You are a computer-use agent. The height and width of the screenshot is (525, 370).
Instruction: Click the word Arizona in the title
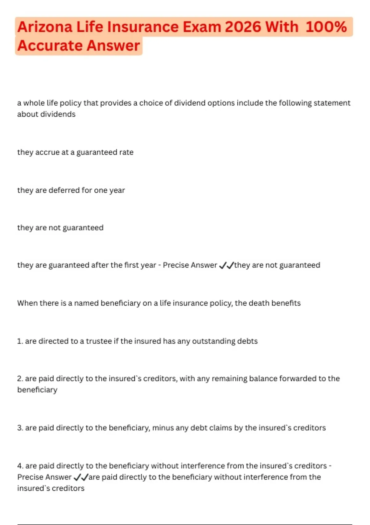[x=45, y=27]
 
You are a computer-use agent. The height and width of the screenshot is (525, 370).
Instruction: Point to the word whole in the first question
[x=34, y=103]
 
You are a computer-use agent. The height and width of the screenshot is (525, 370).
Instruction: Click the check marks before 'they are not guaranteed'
[x=226, y=265]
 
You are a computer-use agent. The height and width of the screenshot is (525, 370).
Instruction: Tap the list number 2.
[x=20, y=379]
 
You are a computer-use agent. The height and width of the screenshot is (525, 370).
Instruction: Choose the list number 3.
[x=20, y=428]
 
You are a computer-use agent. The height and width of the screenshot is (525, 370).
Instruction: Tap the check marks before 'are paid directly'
[x=81, y=477]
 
